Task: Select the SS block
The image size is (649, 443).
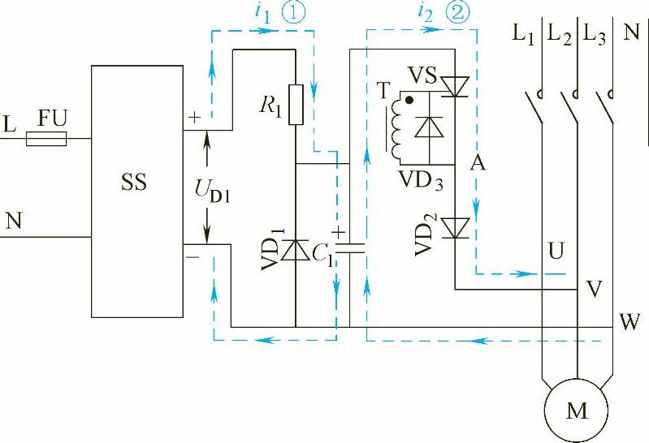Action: [137, 191]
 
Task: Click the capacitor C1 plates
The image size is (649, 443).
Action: [350, 247]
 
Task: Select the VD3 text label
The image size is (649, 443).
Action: [421, 179]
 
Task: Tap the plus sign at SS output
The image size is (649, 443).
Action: [194, 117]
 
